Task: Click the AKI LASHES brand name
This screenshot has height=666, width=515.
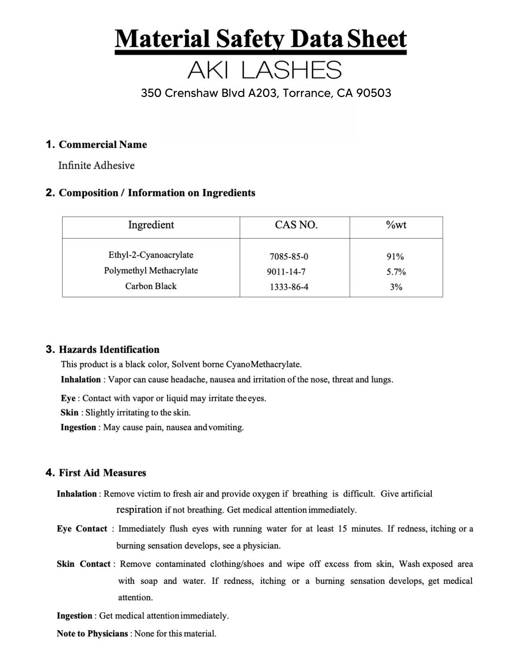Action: click(x=264, y=70)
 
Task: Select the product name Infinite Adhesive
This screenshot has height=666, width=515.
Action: click(x=96, y=166)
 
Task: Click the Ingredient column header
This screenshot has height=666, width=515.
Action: click(x=151, y=225)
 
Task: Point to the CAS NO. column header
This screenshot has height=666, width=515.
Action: click(x=296, y=225)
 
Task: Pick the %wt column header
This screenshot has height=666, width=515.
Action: click(x=396, y=225)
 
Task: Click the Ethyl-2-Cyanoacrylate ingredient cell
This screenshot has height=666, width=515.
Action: click(x=151, y=255)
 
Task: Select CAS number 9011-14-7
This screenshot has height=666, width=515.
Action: click(x=286, y=272)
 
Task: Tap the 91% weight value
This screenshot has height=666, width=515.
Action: click(x=395, y=257)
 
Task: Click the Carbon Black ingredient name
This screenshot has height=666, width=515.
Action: click(x=151, y=286)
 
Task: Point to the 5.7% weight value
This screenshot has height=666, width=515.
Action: click(x=396, y=272)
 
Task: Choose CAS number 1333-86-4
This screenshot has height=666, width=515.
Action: click(x=289, y=287)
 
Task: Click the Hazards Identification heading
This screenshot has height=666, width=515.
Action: click(x=109, y=350)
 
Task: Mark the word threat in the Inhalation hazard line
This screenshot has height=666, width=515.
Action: click(x=343, y=380)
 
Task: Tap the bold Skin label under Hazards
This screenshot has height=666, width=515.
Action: click(x=69, y=413)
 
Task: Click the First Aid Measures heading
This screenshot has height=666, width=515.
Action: click(x=102, y=473)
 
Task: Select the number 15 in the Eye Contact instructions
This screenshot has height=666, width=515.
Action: click(x=342, y=529)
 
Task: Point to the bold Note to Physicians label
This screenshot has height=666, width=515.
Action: click(x=92, y=634)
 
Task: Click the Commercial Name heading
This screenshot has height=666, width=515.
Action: click(x=103, y=145)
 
